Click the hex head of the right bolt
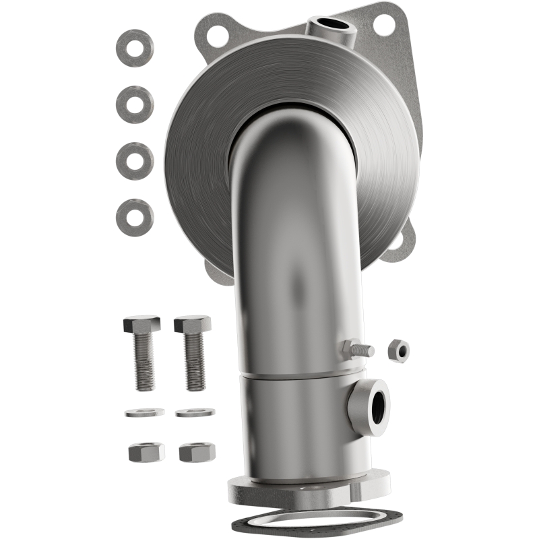point(192,324)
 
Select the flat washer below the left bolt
point(144,412)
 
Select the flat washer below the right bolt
point(195,412)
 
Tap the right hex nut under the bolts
point(197,451)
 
